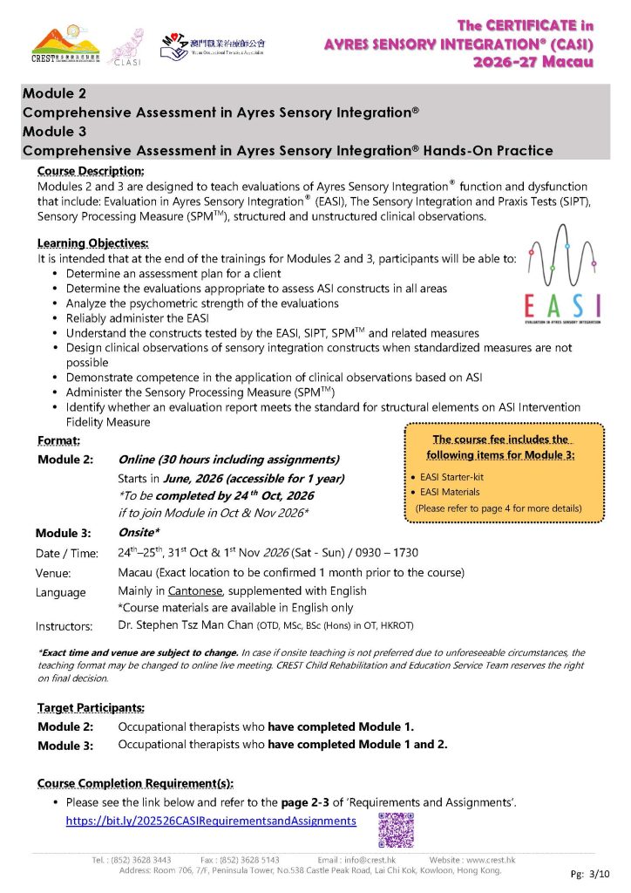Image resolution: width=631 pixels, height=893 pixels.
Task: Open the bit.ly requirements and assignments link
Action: point(211,821)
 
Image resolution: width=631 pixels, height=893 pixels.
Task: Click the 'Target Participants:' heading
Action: point(92,708)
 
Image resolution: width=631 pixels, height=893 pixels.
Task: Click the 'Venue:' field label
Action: point(53,574)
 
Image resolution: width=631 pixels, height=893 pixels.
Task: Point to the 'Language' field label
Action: point(61,593)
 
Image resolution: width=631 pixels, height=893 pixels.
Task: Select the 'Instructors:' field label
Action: point(64,626)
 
